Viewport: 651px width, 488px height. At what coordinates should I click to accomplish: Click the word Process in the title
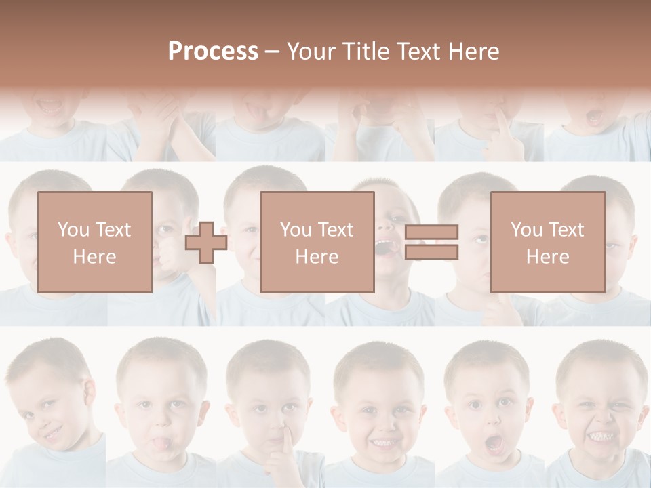point(213,52)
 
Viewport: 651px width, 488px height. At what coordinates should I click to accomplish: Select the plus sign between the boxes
point(206,243)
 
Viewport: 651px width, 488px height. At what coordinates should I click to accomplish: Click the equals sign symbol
point(431,242)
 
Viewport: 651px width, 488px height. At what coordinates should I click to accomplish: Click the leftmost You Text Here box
point(95,242)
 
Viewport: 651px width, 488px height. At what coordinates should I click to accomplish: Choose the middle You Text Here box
point(317,242)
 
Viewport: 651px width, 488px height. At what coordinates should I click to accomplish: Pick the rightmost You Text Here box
point(547,242)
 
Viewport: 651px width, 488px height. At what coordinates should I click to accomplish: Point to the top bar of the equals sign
point(431,232)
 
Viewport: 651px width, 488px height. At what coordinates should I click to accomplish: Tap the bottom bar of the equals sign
point(431,252)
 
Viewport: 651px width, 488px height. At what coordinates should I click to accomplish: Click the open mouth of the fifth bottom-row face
point(494,444)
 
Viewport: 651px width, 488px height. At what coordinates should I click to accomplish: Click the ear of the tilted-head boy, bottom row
point(87,391)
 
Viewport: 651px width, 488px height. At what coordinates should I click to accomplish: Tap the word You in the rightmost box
point(526,230)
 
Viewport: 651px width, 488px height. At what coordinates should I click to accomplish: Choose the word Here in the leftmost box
point(95,256)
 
